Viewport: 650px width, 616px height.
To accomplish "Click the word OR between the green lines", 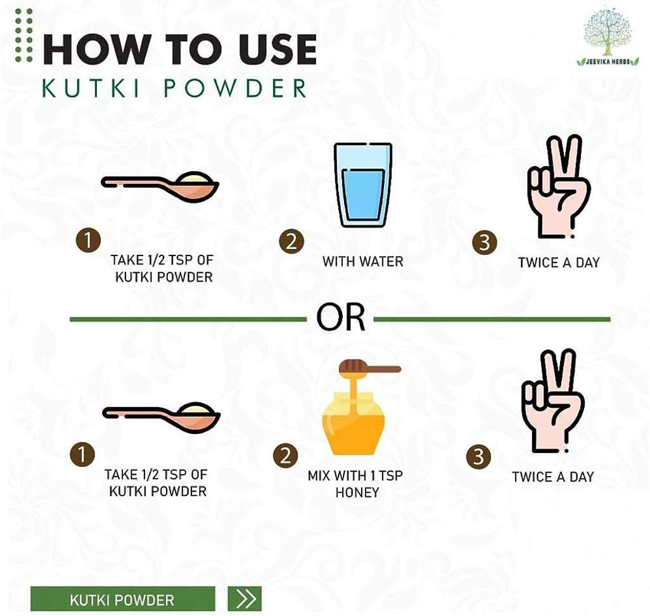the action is click(x=341, y=318).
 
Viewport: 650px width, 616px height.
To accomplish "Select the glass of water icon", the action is click(x=363, y=185).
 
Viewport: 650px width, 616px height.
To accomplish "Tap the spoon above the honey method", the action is click(x=162, y=418).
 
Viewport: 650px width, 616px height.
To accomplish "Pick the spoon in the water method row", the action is click(x=160, y=187).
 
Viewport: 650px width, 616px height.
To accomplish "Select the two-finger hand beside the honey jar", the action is click(x=552, y=402).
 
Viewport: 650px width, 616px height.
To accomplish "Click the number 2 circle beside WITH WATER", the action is click(x=291, y=241).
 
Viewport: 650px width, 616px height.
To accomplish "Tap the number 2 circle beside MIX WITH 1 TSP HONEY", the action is click(x=285, y=456).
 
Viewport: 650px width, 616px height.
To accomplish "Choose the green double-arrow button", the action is click(x=245, y=599).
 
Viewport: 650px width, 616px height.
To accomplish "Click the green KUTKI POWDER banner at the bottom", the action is click(x=123, y=599).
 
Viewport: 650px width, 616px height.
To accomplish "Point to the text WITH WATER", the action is click(x=363, y=262).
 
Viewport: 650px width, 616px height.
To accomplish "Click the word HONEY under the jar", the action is click(x=357, y=492).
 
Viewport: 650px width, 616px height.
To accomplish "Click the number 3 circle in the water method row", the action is click(x=485, y=242).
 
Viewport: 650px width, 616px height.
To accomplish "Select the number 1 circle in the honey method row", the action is click(x=82, y=454).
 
